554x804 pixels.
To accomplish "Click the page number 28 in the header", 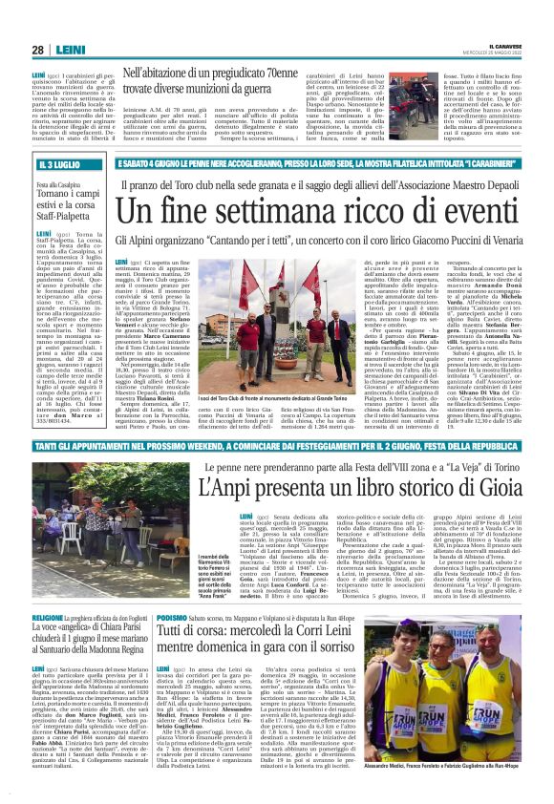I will tap(38, 50).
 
